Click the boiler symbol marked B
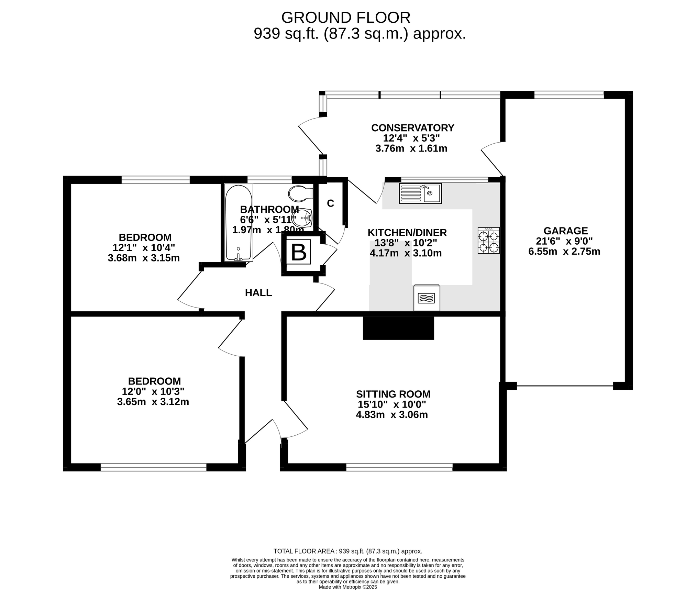(299, 252)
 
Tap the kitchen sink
(420, 193)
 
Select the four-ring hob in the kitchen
(488, 241)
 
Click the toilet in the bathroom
(301, 194)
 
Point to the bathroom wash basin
(302, 217)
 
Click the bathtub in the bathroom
(239, 223)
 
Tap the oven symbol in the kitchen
(427, 298)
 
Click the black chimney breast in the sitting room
(398, 328)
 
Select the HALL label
(258, 293)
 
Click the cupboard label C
(331, 203)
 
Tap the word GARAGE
(566, 231)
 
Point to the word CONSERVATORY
(413, 128)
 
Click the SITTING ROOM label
(393, 394)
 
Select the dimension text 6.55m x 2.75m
(564, 252)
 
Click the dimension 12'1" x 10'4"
(144, 247)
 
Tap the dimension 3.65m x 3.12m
(153, 402)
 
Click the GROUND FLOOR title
(346, 18)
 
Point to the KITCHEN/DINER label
(407, 233)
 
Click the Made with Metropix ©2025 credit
(348, 587)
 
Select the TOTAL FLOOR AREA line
(348, 561)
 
